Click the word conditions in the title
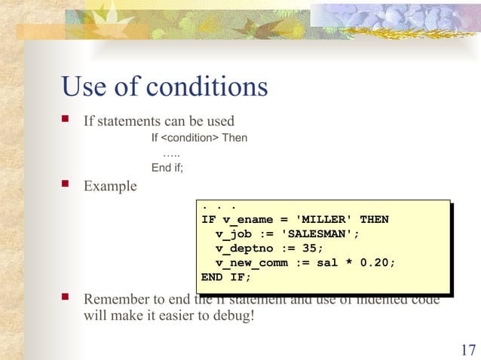tap(207, 87)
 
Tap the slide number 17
tap(467, 349)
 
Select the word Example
tap(110, 185)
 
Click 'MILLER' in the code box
tap(325, 220)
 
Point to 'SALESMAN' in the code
tap(320, 234)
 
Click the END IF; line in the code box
tap(226, 277)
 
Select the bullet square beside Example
tap(66, 185)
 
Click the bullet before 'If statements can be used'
tap(66, 121)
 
